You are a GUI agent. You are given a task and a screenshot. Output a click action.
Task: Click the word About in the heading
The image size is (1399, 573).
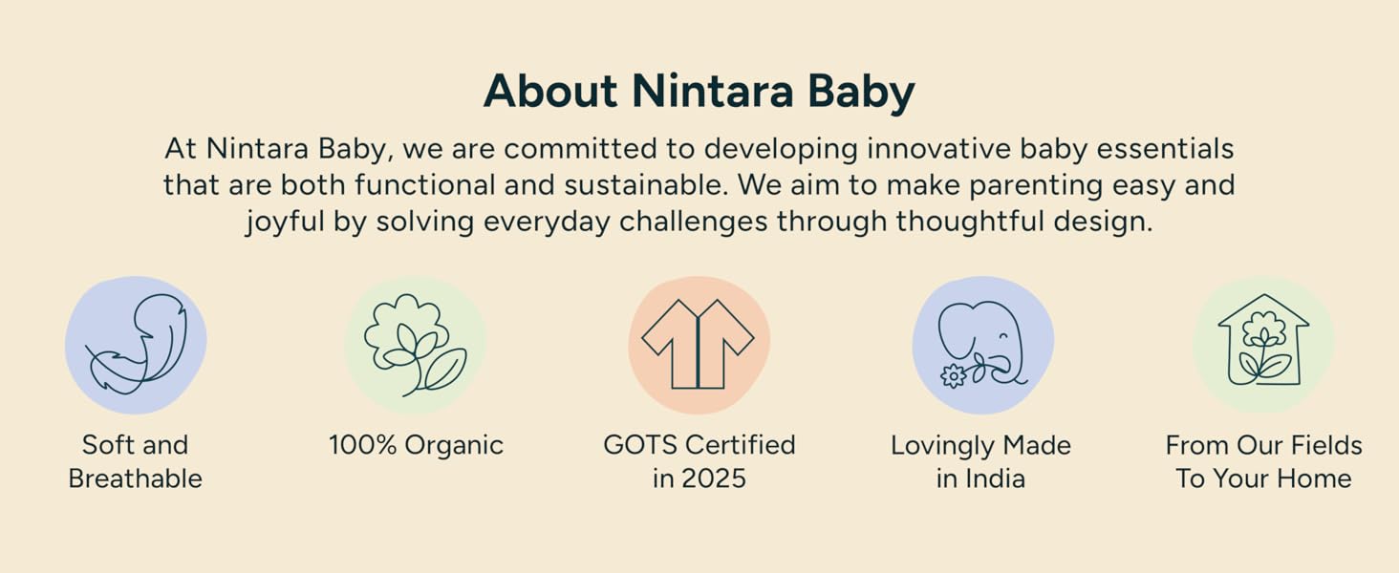coord(550,91)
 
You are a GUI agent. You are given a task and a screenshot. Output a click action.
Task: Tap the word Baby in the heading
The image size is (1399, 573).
coord(861,94)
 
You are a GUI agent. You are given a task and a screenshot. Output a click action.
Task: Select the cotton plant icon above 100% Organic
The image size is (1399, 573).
coord(416,345)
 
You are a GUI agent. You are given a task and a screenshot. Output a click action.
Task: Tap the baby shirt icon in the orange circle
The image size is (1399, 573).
coord(698,345)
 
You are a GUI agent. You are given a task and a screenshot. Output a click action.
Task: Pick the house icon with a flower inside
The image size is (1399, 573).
coord(1263,340)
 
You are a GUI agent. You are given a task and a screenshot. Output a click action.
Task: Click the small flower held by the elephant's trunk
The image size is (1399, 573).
coord(954,375)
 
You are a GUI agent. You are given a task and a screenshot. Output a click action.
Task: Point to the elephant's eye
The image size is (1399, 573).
coord(1003,335)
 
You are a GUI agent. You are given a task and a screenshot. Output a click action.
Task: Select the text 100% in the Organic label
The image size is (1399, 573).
coord(363,445)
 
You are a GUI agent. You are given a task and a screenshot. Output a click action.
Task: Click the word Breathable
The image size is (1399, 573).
coord(136,478)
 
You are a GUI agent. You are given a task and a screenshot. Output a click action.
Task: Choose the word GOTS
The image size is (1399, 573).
coord(640,445)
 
